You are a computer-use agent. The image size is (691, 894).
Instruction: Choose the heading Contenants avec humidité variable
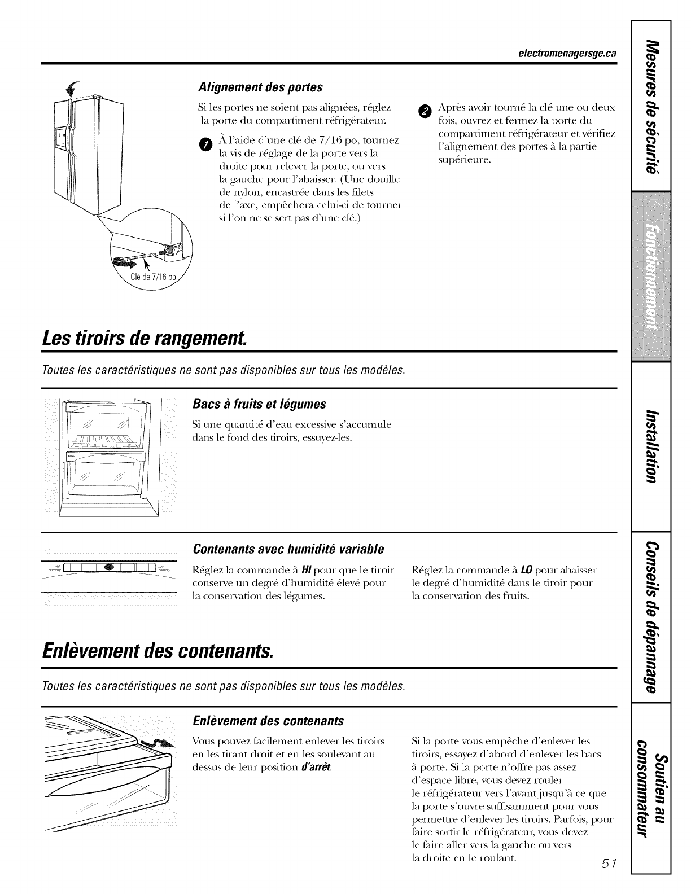click(x=288, y=549)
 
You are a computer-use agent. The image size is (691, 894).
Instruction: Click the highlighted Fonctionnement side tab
click(x=652, y=277)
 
